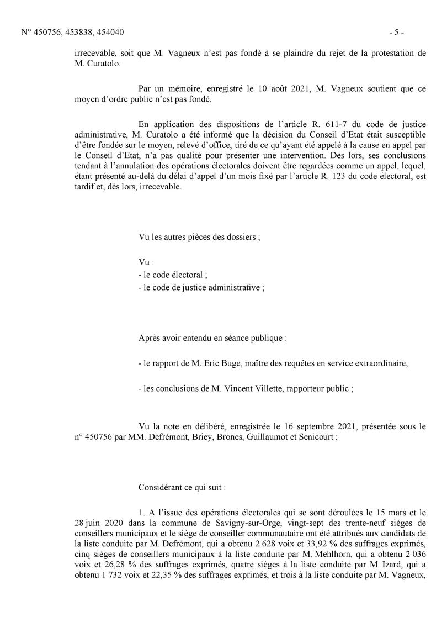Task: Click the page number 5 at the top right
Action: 396,33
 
